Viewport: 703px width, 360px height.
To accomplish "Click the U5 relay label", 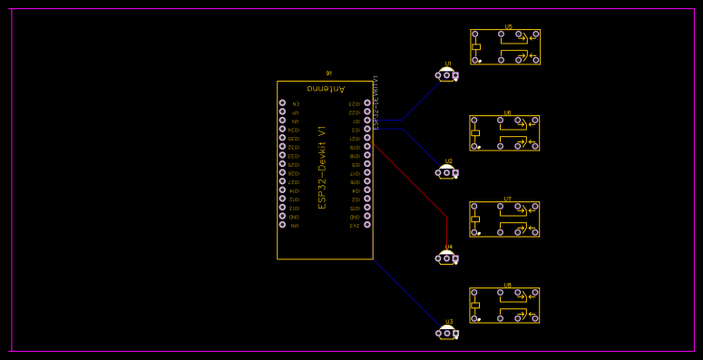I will (508, 26).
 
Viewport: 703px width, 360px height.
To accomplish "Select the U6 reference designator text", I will (508, 112).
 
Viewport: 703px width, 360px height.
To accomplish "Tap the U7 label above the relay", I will (507, 199).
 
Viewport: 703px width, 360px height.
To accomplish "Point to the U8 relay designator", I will (507, 285).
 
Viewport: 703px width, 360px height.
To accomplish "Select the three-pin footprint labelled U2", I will (446, 172).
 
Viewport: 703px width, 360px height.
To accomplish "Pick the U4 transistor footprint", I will (446, 258).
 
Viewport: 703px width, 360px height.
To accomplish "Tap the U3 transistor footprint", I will (446, 333).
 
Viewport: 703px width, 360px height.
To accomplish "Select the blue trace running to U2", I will (417, 145).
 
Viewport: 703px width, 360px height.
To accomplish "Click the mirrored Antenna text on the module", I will (325, 89).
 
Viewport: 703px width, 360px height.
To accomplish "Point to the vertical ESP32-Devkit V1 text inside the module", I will (322, 168).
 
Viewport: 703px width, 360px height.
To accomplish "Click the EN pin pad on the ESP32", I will (282, 103).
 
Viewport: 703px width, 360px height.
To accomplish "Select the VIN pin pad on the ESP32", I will (282, 226).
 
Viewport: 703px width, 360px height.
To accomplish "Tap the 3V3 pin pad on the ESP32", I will (367, 226).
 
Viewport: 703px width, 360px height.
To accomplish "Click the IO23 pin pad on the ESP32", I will (367, 103).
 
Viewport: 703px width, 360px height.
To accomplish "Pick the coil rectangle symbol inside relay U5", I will (474, 46).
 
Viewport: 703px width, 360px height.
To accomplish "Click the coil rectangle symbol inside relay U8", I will (474, 306).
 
